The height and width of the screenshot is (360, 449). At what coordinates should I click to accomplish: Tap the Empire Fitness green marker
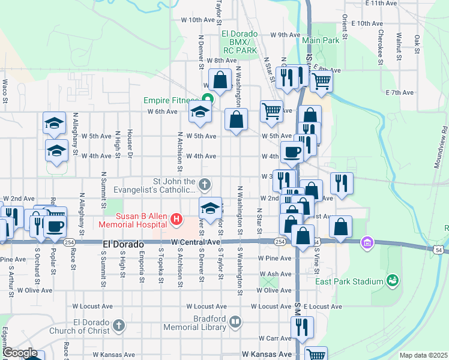(x=208, y=100)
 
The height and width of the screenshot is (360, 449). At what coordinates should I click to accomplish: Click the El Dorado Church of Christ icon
(x=119, y=326)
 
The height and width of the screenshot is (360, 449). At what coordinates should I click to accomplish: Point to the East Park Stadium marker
(x=393, y=281)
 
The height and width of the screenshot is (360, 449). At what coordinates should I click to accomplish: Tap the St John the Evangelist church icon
(x=205, y=184)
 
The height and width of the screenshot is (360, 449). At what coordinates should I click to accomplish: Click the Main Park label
(x=321, y=40)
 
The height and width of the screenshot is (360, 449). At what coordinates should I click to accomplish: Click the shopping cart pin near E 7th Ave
(x=322, y=80)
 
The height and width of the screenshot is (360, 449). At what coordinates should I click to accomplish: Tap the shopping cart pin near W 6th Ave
(x=271, y=111)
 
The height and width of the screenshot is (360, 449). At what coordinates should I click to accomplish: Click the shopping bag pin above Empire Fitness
(x=220, y=79)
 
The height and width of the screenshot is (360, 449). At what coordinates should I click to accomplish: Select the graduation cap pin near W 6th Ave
(x=200, y=112)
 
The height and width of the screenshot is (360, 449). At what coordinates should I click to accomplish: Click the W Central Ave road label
(x=195, y=242)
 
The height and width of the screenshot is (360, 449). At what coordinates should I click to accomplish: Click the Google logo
(x=20, y=353)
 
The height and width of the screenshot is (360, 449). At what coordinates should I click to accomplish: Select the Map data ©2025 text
(x=423, y=355)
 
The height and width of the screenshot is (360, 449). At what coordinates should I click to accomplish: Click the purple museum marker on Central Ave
(x=366, y=242)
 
